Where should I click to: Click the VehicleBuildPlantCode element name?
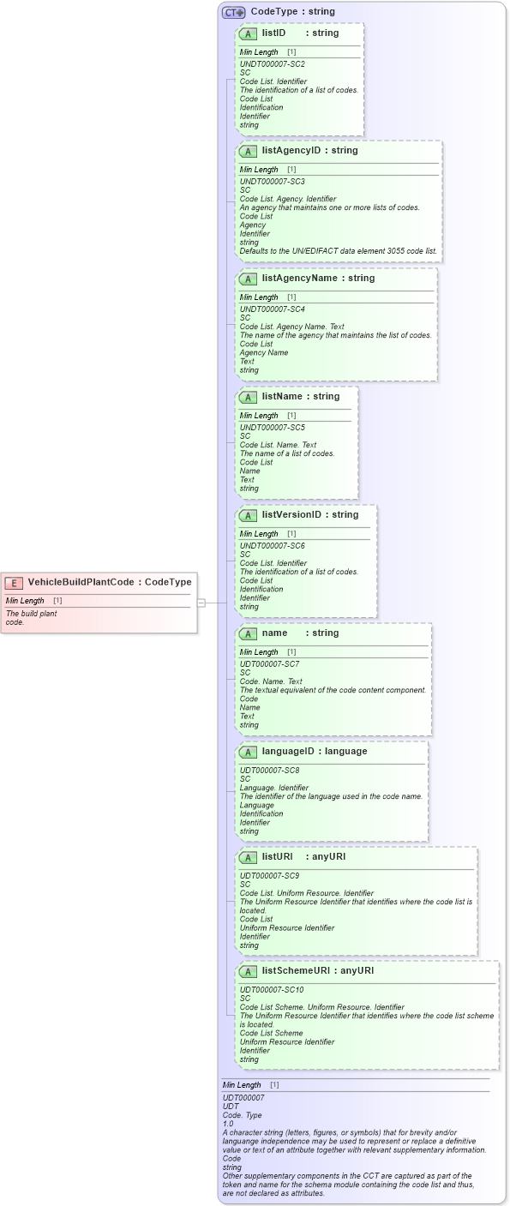coord(81,582)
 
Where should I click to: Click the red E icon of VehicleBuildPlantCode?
coord(14,583)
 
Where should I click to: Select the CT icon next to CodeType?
coord(233,13)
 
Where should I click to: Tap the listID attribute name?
coord(273,33)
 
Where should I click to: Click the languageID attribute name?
coord(291,752)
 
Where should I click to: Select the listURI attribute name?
coord(279,857)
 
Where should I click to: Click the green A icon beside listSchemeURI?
coord(248,972)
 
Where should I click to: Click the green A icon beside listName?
coord(248,398)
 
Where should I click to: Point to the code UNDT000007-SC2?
coord(272,64)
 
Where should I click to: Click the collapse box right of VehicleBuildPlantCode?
coord(201,603)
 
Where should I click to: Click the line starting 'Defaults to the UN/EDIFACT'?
coord(338,251)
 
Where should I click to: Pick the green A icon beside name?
coord(248,634)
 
